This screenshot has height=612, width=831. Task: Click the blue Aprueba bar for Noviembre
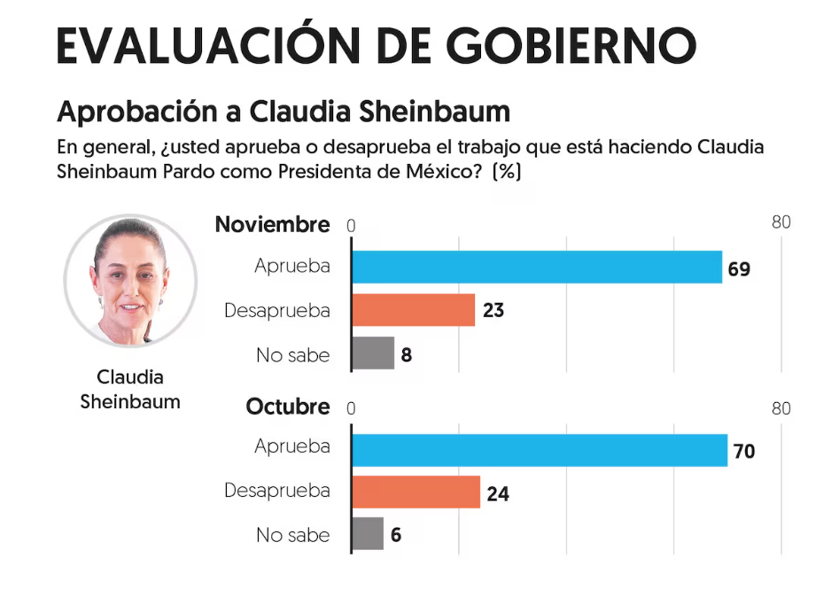pos(537,267)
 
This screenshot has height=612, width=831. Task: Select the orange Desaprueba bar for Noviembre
pos(414,311)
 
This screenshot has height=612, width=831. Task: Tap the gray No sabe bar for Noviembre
pos(373,353)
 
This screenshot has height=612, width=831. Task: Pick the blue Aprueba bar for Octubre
pos(540,450)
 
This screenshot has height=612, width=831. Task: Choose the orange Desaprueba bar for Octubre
pos(416,492)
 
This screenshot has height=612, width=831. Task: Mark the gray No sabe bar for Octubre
pos(368,534)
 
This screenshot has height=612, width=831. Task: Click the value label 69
pos(739,268)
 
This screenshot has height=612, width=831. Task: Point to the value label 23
pos(493,312)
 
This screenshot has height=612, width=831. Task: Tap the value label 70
pos(744,451)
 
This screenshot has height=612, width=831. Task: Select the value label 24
pos(498,493)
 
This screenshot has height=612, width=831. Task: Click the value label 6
pos(396,535)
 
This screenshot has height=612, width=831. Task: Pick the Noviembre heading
pos(272,224)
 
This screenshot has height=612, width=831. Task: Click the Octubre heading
pos(287,407)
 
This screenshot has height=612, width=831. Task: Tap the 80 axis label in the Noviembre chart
pos(781,222)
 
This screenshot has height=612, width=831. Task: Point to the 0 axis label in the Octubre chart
pos(352,409)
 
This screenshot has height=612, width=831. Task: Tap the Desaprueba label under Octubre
pos(276,491)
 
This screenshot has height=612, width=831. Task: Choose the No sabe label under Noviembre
pos(292,355)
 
